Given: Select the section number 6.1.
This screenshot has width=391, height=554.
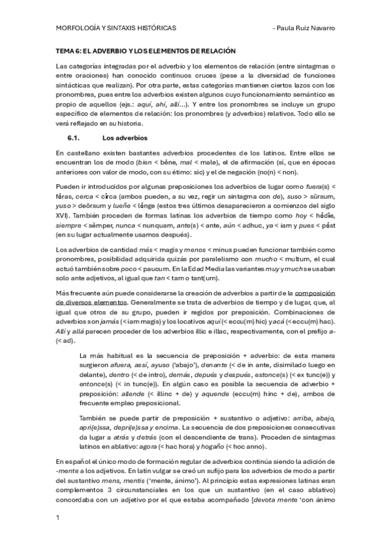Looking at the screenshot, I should (x=73, y=138).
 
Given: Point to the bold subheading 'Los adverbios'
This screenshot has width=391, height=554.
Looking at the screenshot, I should (x=125, y=138).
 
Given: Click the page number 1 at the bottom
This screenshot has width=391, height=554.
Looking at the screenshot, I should (x=59, y=517).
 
